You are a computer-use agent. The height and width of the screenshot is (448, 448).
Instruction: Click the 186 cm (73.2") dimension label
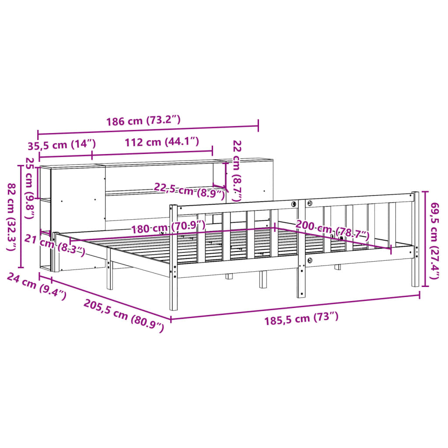click(143, 121)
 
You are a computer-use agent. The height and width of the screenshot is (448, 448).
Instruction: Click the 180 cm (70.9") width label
click(168, 227)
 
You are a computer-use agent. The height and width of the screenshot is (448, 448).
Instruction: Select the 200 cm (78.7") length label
click(332, 231)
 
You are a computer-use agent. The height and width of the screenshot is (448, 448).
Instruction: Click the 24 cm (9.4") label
click(37, 287)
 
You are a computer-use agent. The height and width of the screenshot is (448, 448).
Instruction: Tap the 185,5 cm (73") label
click(301, 318)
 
